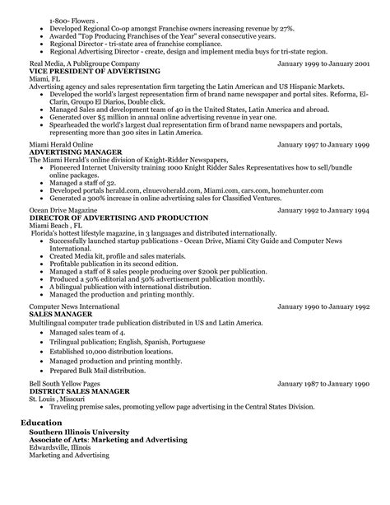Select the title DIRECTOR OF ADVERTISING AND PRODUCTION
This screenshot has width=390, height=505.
click(119, 218)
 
